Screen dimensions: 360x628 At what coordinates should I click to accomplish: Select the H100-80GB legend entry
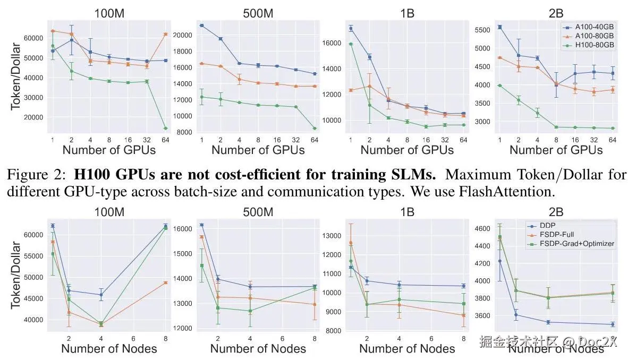pos(590,45)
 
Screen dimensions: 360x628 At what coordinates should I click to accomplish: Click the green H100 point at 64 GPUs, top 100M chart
pos(165,128)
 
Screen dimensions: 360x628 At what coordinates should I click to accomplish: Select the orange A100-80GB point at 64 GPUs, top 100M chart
pos(165,34)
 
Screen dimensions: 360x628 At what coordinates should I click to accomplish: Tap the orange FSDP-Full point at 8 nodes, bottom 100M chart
pos(165,282)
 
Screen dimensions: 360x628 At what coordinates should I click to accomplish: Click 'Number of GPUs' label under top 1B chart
pos(407,150)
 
